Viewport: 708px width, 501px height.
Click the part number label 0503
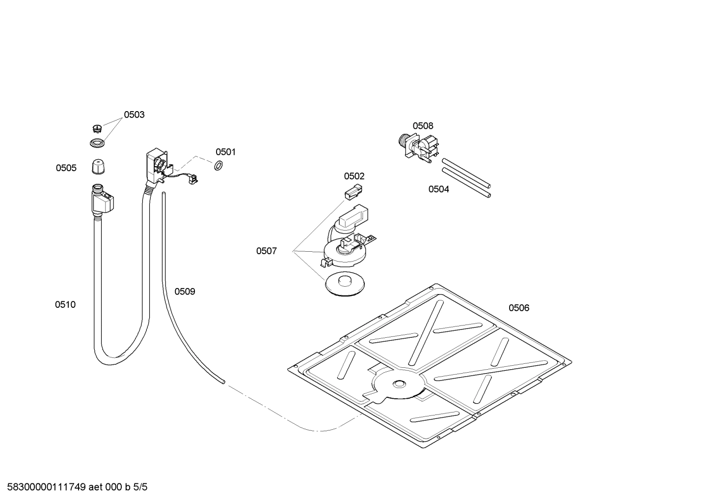(x=134, y=115)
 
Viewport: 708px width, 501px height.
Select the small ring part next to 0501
(x=219, y=165)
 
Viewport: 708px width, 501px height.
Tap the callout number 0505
(x=66, y=168)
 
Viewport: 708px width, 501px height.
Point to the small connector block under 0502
(x=353, y=192)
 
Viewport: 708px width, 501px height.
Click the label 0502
(x=354, y=176)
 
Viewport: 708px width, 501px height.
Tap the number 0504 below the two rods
(x=438, y=189)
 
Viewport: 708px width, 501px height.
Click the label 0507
(x=266, y=251)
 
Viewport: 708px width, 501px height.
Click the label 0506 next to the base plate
(x=518, y=308)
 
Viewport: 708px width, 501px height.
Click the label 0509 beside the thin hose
(x=185, y=292)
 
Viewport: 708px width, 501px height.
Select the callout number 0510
(x=65, y=305)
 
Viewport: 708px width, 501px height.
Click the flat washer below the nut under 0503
(x=97, y=144)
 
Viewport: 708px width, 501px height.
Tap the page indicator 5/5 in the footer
(x=140, y=487)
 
